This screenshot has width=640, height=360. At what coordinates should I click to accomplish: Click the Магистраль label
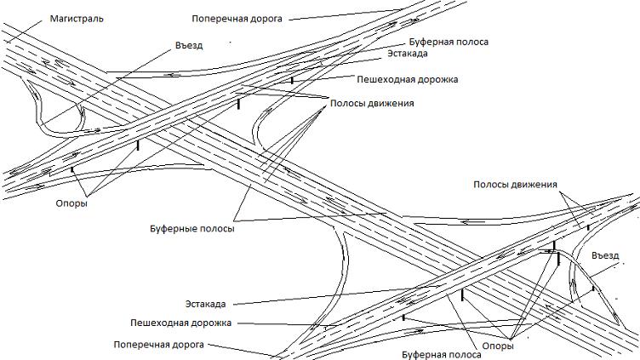76,18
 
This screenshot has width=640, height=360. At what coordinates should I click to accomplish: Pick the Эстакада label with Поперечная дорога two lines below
209,303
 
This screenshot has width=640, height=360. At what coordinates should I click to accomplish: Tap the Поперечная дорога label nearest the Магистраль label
237,16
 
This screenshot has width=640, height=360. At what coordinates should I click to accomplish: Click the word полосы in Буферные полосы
215,228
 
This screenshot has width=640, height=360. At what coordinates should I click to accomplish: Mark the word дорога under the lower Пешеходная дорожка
190,345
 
